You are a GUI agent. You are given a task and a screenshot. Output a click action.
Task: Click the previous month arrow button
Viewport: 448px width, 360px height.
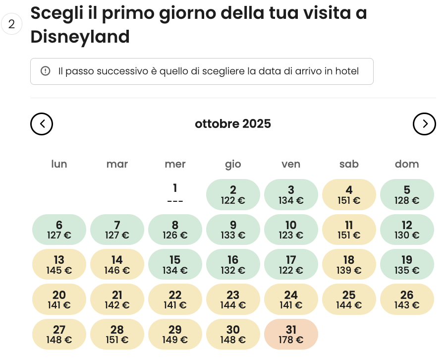point(42,124)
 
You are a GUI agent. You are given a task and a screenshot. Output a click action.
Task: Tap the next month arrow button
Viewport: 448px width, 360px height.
point(424,124)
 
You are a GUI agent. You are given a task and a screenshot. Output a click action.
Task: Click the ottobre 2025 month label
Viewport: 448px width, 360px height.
point(233,123)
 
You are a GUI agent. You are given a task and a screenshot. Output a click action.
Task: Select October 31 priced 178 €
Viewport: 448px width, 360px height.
point(291,335)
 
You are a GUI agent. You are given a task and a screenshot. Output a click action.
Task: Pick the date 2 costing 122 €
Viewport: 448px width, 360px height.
point(233,194)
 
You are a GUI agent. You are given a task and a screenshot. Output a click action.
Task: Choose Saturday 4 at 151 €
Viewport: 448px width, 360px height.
point(349,194)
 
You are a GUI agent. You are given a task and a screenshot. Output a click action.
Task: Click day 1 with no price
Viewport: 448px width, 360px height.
point(175,194)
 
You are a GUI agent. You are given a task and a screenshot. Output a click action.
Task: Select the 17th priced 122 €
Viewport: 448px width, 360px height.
point(291,265)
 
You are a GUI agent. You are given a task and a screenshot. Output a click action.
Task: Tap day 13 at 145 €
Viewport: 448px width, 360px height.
point(59,265)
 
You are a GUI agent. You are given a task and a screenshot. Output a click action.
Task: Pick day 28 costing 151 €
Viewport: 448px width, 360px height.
point(117,335)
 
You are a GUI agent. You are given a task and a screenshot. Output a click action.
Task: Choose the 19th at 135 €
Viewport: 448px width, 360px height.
point(407,265)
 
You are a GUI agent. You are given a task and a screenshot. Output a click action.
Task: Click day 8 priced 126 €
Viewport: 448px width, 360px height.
point(175,230)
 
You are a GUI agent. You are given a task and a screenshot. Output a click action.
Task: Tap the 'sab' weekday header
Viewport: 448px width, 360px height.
point(349,164)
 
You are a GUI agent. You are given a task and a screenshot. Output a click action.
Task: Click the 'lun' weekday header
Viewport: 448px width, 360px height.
point(59,164)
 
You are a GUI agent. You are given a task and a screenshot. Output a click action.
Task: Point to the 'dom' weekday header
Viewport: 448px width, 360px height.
point(407,164)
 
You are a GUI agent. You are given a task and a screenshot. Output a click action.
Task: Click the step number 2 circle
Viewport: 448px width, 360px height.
point(12,24)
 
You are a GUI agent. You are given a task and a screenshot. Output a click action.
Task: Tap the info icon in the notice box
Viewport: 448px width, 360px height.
point(46,71)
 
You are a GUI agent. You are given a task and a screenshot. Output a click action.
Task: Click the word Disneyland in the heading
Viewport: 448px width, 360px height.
point(80,37)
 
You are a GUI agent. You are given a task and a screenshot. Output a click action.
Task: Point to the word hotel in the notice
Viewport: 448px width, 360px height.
point(346,71)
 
